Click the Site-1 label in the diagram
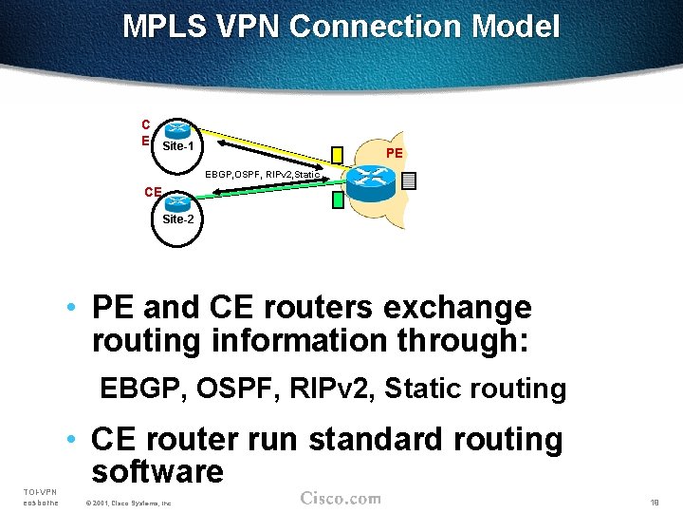point(178,147)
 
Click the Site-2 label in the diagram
point(178,219)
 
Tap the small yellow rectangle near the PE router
point(338,155)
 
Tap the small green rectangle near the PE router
point(338,199)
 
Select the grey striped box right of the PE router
point(409,180)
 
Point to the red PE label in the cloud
point(395,153)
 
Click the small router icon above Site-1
point(176,130)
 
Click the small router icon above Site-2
point(176,201)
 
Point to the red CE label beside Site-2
point(153,192)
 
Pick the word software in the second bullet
point(157,471)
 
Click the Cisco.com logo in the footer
point(341,499)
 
